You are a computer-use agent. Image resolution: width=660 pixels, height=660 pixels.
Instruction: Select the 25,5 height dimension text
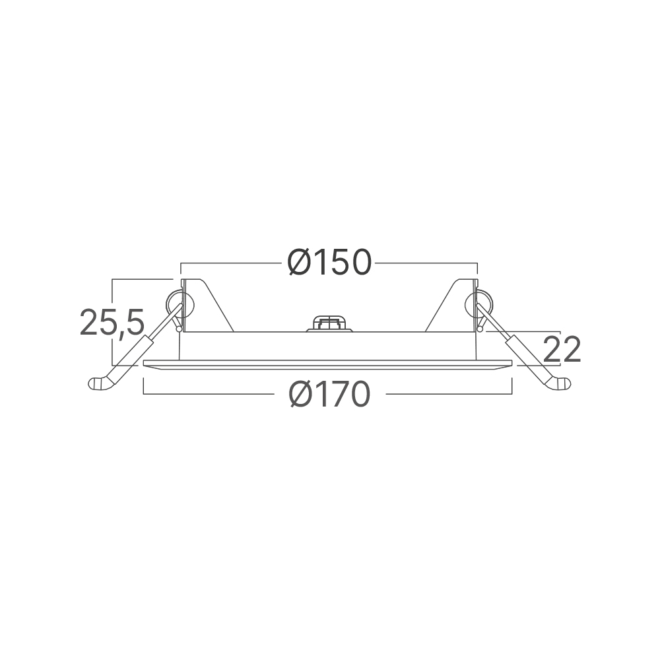pyautogui.click(x=112, y=322)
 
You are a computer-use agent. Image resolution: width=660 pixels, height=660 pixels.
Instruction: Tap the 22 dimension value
pyautogui.click(x=562, y=349)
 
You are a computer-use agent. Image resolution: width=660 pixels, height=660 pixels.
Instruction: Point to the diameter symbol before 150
pyautogui.click(x=300, y=263)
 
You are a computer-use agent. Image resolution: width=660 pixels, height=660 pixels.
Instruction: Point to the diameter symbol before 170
pyautogui.click(x=302, y=394)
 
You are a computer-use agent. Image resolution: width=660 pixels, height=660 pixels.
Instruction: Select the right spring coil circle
pyautogui.click(x=478, y=304)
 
